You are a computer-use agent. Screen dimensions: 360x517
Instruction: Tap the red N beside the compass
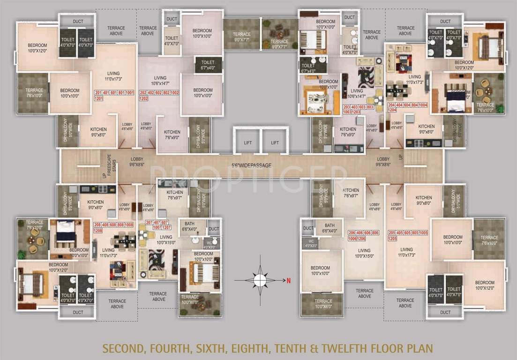[289, 280]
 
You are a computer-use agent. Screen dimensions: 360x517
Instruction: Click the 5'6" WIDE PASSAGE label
[252, 165]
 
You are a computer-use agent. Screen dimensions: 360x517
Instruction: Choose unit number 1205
[392, 238]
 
